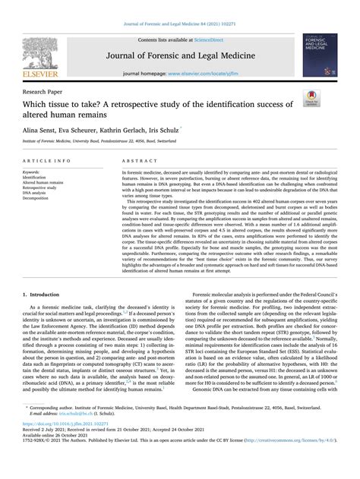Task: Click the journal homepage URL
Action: pyautogui.click(x=213, y=74)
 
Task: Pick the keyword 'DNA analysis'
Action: pyautogui.click(x=39, y=194)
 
